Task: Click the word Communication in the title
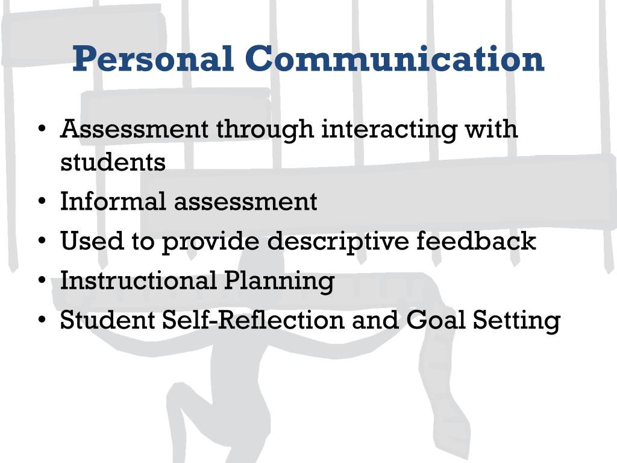395,59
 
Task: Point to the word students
113,162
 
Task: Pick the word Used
84,241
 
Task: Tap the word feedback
476,241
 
